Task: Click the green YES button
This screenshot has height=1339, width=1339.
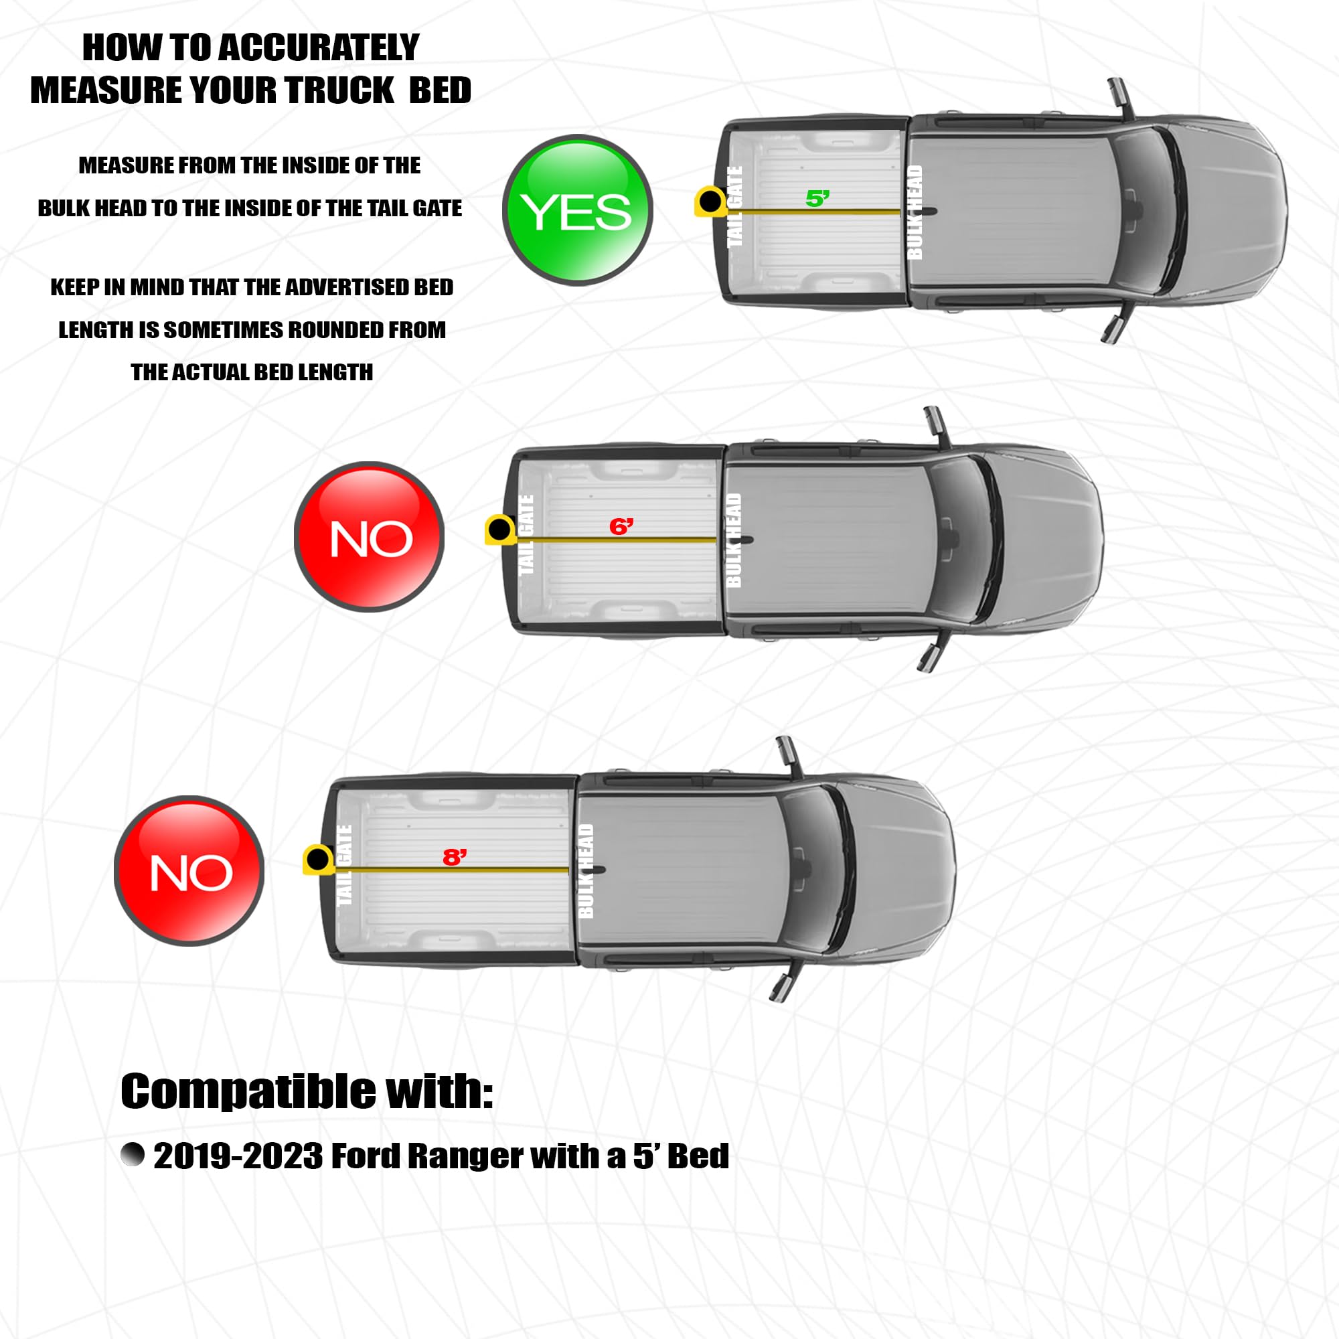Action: [577, 210]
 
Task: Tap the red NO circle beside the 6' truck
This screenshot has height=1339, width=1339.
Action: [370, 536]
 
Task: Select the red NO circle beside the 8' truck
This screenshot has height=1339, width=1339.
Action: [189, 870]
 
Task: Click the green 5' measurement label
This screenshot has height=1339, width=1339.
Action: [818, 199]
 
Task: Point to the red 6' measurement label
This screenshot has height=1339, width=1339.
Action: [621, 527]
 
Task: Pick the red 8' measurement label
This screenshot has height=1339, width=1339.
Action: [455, 858]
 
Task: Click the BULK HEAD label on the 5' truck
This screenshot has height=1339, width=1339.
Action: [915, 212]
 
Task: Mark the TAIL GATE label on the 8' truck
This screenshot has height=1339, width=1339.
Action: [343, 864]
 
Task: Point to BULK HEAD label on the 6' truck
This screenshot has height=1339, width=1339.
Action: [733, 540]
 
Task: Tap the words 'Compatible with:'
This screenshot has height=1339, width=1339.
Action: [307, 1091]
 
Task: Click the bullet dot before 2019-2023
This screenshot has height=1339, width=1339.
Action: [133, 1154]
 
